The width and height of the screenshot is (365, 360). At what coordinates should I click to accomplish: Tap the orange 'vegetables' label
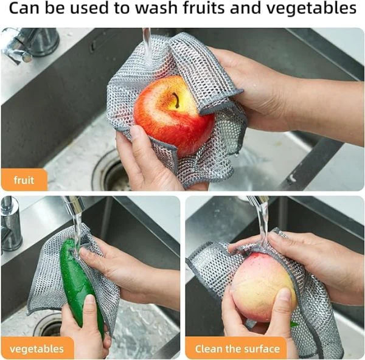(x=36, y=349)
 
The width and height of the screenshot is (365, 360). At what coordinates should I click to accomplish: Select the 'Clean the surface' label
(x=238, y=349)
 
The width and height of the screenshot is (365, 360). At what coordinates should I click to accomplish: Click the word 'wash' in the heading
(x=164, y=10)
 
